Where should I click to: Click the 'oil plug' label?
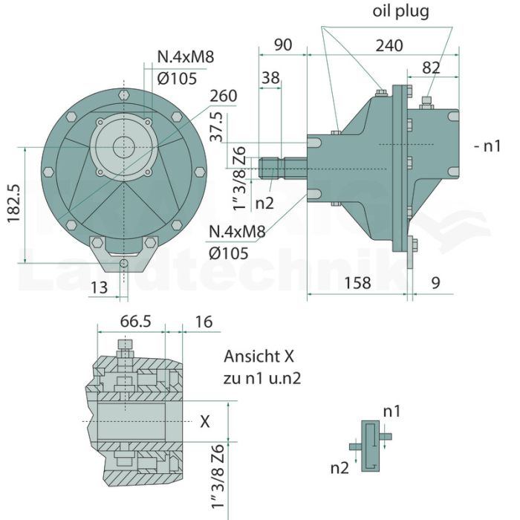[400, 12]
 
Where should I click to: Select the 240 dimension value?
[389, 45]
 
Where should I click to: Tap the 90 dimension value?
[283, 45]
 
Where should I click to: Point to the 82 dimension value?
[431, 68]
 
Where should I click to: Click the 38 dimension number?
[270, 78]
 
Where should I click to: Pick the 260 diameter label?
[224, 96]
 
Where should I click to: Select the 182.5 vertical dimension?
[14, 204]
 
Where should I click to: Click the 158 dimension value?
[357, 283]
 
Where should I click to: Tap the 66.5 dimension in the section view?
[135, 322]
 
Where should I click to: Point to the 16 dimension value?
[204, 322]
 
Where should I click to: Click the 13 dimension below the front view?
[99, 287]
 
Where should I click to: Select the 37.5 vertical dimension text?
[217, 127]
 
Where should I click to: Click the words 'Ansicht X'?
[259, 357]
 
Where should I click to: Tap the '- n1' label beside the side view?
[487, 146]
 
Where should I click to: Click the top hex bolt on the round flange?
[124, 94]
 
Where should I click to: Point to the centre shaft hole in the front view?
[124, 147]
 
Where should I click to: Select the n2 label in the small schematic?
[339, 468]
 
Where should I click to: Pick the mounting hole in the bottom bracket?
[124, 263]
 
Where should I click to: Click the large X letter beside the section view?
[205, 422]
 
